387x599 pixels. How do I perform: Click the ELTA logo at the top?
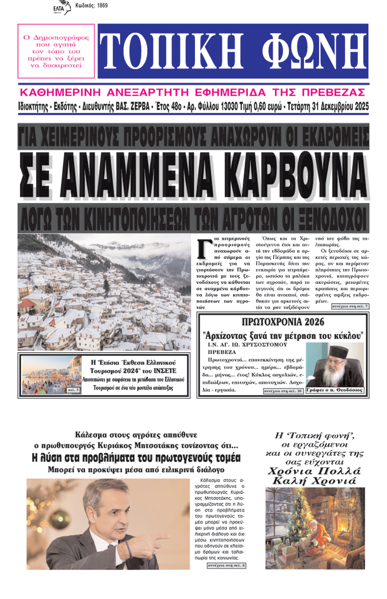click(x=62, y=8)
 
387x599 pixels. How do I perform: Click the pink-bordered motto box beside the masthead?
click(x=56, y=51)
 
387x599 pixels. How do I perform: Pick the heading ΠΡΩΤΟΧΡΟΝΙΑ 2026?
click(x=283, y=322)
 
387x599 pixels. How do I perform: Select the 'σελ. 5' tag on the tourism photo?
click(x=73, y=390)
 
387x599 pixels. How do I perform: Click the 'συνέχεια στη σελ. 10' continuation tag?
click(x=283, y=391)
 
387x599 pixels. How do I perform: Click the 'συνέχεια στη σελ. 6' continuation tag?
click(x=226, y=566)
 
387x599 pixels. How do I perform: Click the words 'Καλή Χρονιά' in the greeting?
click(x=314, y=481)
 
